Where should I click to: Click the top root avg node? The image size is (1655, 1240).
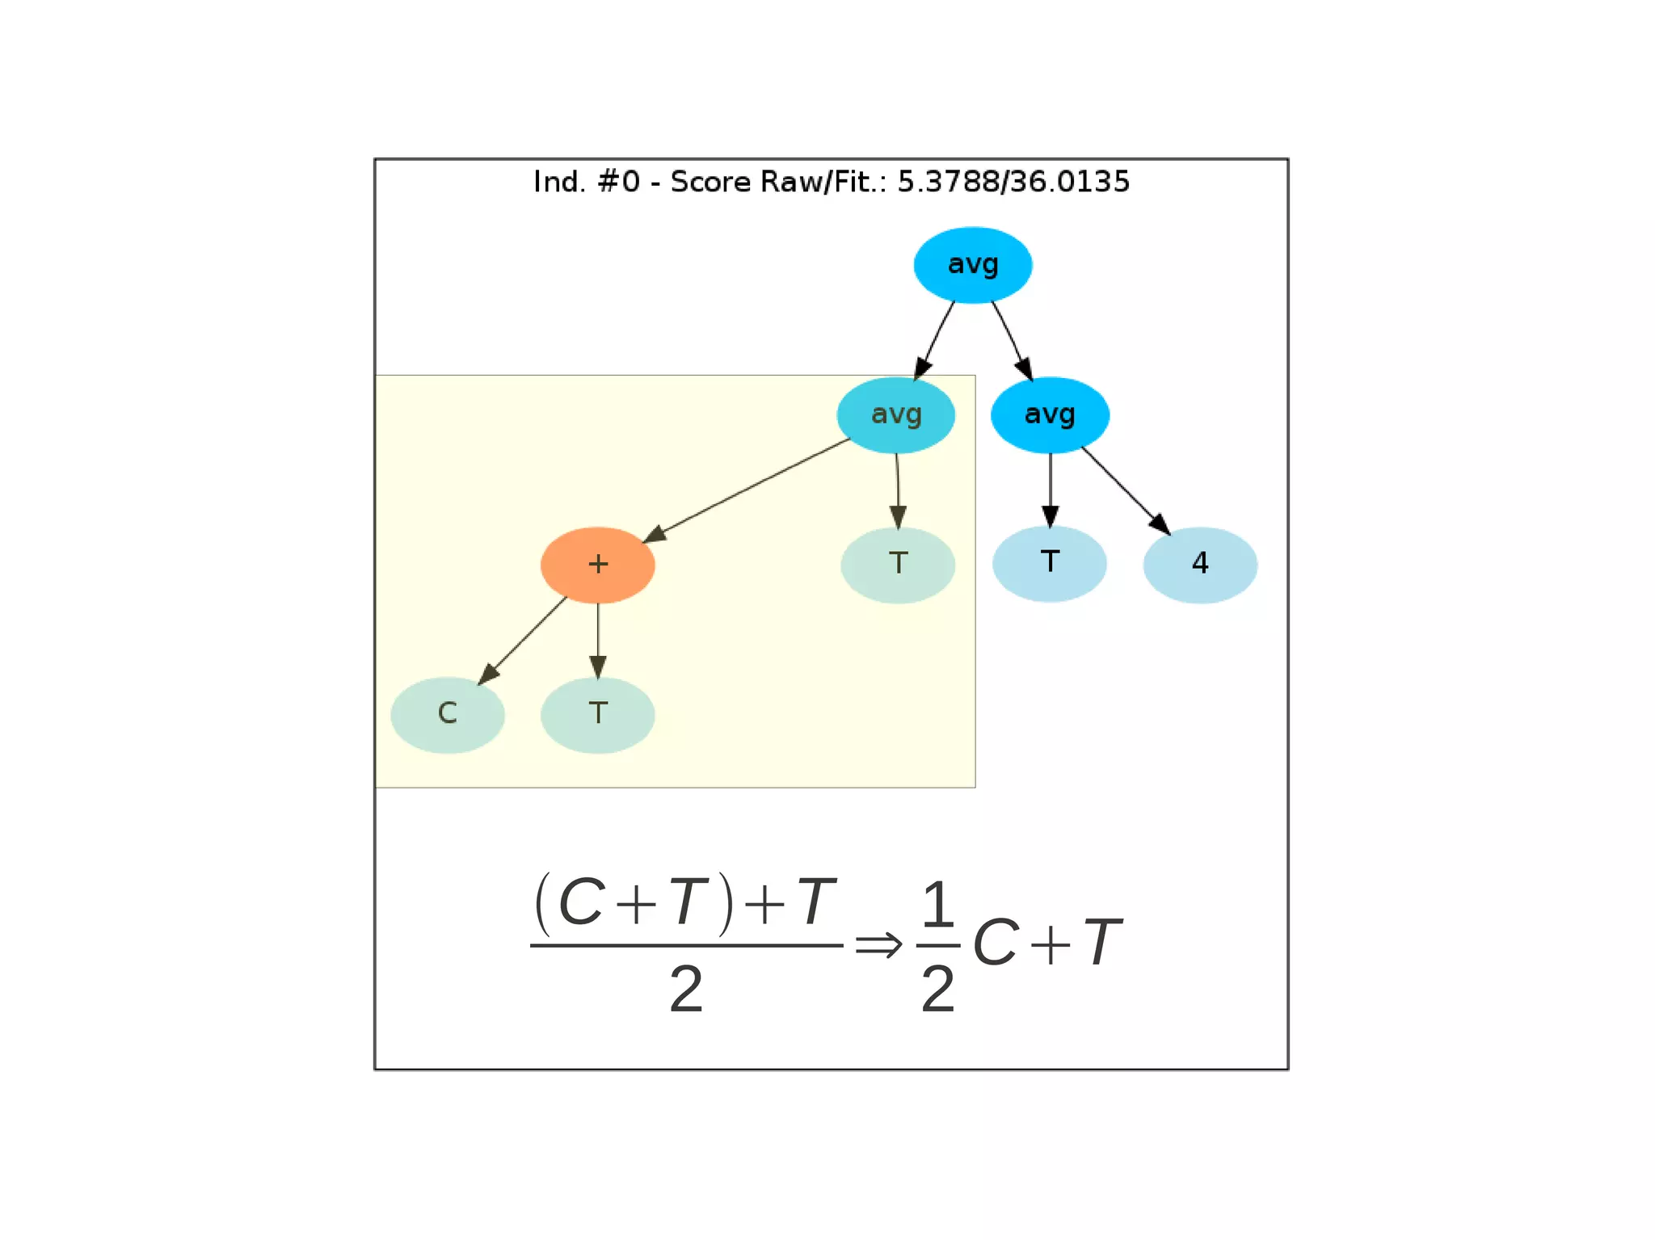coord(972,265)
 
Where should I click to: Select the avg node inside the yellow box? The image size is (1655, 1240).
coord(895,415)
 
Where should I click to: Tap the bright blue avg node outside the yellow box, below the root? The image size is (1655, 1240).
coord(1050,415)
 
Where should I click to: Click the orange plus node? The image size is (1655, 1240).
coord(597,565)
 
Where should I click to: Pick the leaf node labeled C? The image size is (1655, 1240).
coord(447,714)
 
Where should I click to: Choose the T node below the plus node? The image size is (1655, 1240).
coord(597,714)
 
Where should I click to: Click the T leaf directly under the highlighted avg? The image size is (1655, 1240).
coord(897,565)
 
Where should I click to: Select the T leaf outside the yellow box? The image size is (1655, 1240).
coord(1049,563)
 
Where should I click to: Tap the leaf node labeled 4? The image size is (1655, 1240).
coord(1199,564)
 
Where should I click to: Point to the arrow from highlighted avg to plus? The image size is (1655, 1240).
coord(747,490)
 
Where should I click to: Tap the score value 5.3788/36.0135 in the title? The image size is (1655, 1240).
coord(1013,182)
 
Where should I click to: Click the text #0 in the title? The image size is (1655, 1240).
coord(618,182)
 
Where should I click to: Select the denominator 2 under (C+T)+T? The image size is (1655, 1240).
coord(686,990)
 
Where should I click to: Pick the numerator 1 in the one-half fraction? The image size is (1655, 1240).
coord(937,905)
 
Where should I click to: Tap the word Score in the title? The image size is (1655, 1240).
coord(710,182)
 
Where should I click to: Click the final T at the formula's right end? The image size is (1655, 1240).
coord(1102,943)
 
